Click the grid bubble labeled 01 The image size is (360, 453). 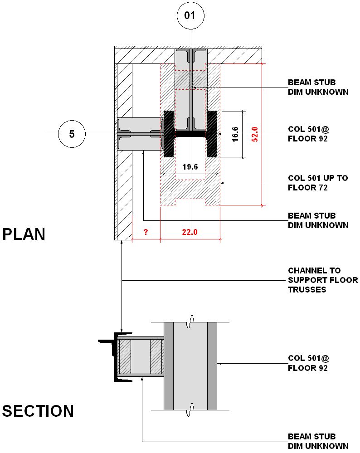(190, 16)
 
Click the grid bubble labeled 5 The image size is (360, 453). (72, 134)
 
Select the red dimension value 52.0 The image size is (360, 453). (255, 134)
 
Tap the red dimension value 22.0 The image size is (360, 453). (190, 232)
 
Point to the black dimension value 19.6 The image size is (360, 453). (190, 167)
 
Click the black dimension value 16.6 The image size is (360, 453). (235, 134)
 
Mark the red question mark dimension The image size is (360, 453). (146, 232)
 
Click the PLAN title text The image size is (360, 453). (24, 234)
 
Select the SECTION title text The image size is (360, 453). (38, 411)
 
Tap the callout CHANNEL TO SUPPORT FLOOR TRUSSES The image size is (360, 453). (323, 280)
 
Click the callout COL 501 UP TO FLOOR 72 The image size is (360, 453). (318, 183)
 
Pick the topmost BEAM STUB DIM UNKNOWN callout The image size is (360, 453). (318, 87)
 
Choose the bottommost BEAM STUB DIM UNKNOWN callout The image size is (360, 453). (318, 441)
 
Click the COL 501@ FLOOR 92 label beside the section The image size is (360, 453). (308, 363)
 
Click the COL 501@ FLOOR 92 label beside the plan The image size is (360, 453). (308, 134)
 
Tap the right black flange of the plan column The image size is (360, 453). (212, 134)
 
